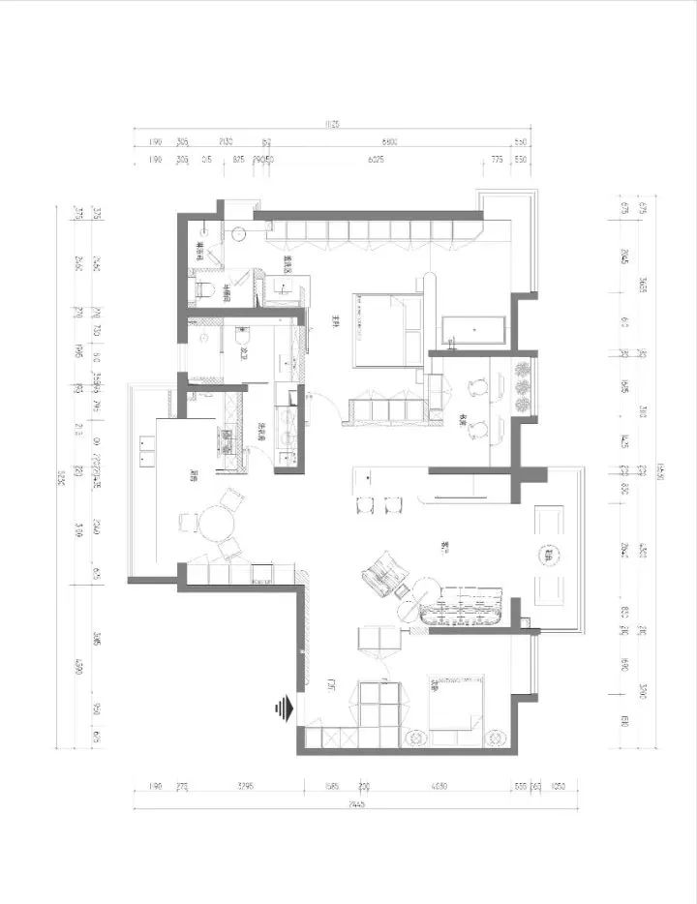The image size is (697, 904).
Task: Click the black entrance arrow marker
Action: (x=283, y=709)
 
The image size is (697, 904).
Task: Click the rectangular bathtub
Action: (x=474, y=330)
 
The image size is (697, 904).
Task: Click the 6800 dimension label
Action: (x=387, y=141)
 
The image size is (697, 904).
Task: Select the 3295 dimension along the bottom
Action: (x=243, y=787)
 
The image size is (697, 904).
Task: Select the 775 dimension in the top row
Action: (x=498, y=160)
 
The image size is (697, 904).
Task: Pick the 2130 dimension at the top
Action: (x=227, y=141)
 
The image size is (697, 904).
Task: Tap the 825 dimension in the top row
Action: (x=238, y=160)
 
